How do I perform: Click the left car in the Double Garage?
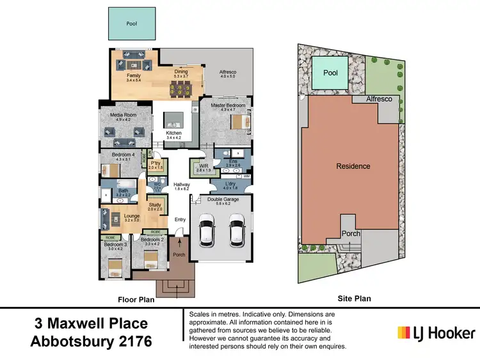coord(208,231)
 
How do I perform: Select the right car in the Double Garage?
coord(236,231)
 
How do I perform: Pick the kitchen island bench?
coord(174,120)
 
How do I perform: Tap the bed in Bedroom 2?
coord(151,260)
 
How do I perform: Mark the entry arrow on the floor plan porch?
coord(180,243)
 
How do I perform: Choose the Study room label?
coord(154,205)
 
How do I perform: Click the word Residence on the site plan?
coord(353,166)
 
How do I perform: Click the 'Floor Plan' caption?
coord(136,299)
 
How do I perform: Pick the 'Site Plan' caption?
coord(354,299)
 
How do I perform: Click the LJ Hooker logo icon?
coord(404,333)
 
